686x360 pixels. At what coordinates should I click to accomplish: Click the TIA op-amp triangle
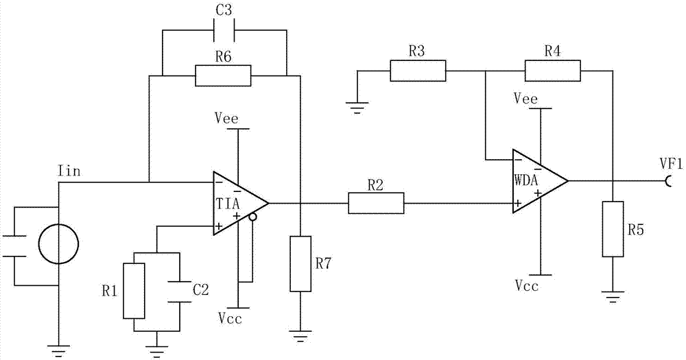(237, 204)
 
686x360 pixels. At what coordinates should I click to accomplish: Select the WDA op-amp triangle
(536, 182)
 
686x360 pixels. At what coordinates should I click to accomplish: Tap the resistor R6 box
(223, 75)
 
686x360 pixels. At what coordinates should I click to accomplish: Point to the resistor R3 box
(418, 71)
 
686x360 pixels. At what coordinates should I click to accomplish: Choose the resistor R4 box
(553, 71)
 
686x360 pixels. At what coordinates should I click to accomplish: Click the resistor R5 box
(613, 229)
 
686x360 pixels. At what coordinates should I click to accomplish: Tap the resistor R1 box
(134, 291)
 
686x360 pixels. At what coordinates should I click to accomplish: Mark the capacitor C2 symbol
(179, 291)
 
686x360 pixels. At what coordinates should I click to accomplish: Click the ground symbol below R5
(613, 296)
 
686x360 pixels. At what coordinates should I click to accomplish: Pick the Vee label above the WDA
(525, 99)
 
